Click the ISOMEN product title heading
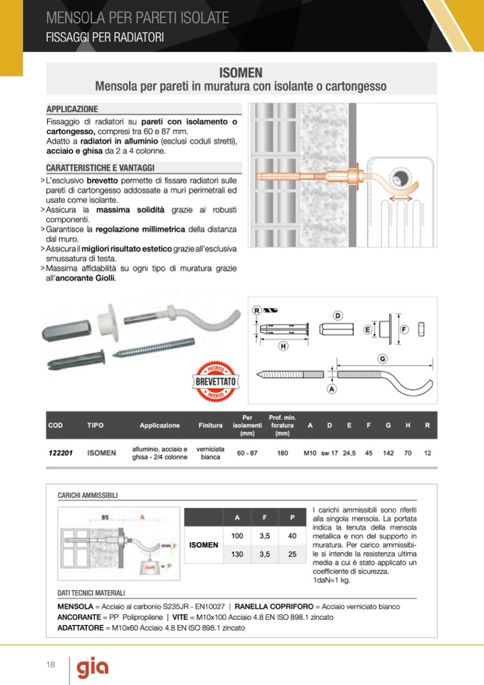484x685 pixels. click(x=241, y=72)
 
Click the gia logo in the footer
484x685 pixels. click(x=93, y=668)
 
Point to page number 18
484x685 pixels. click(x=51, y=666)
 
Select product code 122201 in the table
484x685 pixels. click(x=61, y=453)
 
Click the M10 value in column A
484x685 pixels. click(x=310, y=453)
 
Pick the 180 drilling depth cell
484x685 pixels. click(x=283, y=453)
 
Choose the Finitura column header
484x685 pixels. click(x=211, y=425)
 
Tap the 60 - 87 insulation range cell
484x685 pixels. click(x=248, y=453)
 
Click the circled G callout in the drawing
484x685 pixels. click(x=383, y=359)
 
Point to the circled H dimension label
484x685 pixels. click(x=283, y=346)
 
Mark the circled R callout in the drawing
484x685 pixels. click(x=257, y=309)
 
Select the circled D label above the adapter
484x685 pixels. click(x=338, y=316)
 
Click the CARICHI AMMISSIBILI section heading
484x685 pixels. click(x=88, y=495)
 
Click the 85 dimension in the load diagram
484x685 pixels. click(x=105, y=516)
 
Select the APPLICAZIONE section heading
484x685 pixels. click(x=72, y=109)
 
